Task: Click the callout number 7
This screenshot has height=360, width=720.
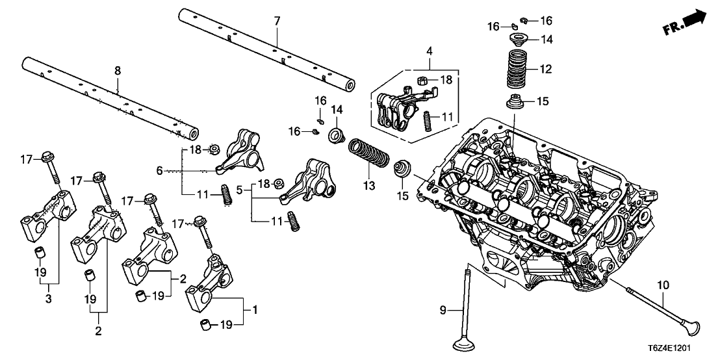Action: (x=277, y=21)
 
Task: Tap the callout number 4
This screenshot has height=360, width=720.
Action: (x=430, y=51)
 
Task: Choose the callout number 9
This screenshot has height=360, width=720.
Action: (x=443, y=311)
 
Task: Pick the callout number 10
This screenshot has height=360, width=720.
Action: (x=663, y=285)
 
